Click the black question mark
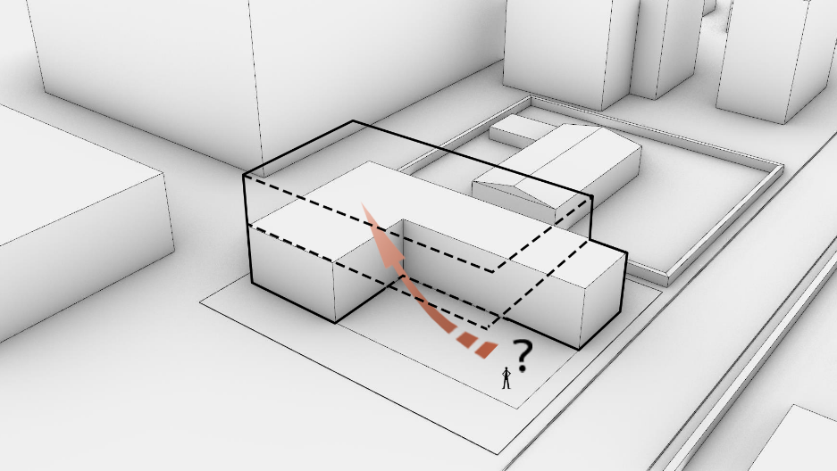click(523, 356)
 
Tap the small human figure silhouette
click(506, 377)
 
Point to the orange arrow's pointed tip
click(363, 203)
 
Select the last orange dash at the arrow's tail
click(486, 350)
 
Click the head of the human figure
click(506, 368)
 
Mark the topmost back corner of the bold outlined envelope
click(352, 121)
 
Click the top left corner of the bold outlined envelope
click(244, 175)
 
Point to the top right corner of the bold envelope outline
click(592, 197)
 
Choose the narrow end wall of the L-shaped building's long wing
click(602, 300)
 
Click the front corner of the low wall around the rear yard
click(667, 279)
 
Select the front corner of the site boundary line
click(498, 454)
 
